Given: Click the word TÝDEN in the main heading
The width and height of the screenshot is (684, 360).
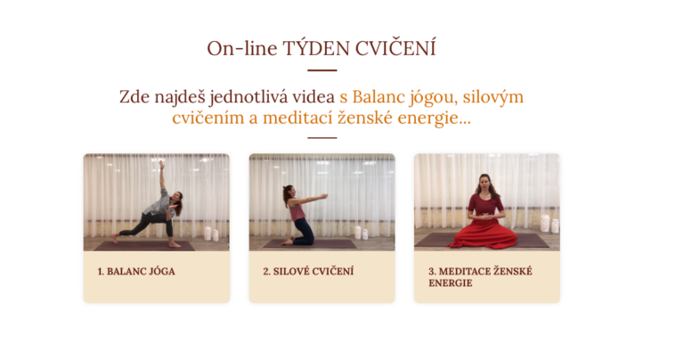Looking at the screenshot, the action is coord(316,48).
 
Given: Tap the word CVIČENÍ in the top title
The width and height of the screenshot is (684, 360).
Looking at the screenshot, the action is coord(395,47).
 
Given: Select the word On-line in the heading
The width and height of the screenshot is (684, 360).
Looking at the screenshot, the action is coord(242,48).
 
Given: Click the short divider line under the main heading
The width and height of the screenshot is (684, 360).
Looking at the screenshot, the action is coord(322,70).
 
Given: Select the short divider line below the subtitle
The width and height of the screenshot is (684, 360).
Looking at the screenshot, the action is coord(322,138).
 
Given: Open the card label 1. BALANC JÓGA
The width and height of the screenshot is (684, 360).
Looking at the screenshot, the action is coord(136,272).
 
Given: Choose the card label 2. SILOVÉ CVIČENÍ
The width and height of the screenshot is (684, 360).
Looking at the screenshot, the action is coord(308,272).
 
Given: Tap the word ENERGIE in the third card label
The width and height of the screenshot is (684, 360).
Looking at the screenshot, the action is coord(450,283).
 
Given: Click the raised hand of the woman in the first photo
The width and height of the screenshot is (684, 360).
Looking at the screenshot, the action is coord(162,164).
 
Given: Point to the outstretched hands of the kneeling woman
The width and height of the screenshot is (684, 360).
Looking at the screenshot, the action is coord(322,196).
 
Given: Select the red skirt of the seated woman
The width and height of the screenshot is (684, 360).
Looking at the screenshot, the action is coord(484,234).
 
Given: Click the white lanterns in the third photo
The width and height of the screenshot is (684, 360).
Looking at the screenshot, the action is coord(550,224).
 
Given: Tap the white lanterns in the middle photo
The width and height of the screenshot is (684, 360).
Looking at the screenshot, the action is coord(362,233).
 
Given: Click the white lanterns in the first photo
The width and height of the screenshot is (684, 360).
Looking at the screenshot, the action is coord(212,233).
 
